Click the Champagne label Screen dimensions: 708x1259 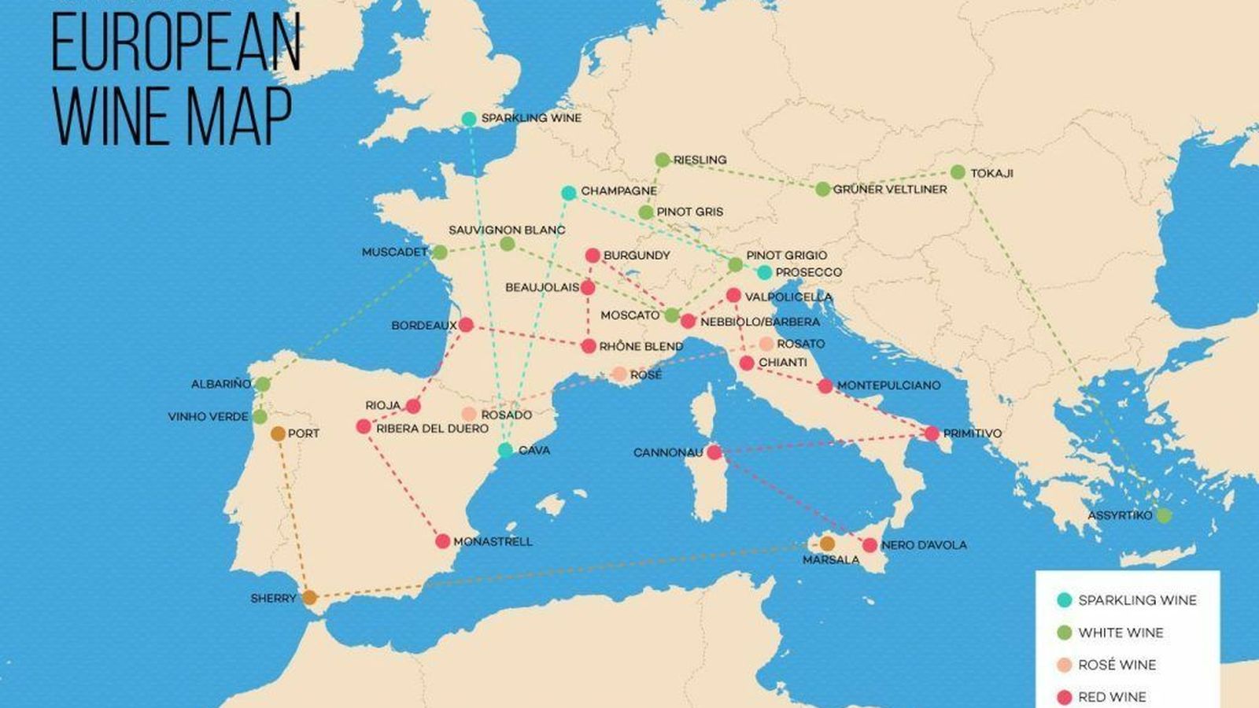coord(618,191)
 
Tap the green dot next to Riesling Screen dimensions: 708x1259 coord(663,160)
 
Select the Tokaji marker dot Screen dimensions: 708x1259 coord(958,172)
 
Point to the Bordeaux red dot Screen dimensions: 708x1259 coord(466,325)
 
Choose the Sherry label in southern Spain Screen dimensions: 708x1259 coord(273,599)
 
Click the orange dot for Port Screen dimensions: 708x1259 coord(278,433)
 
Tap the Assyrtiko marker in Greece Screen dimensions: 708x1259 coord(1164,515)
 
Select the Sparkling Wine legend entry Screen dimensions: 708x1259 coord(1137,600)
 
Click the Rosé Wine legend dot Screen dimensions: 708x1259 coord(1065,665)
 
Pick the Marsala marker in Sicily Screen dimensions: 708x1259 coord(827,544)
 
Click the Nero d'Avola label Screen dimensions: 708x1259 coord(924,545)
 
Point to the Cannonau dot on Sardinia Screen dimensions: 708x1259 coord(714,452)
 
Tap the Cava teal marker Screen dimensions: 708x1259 coord(505,450)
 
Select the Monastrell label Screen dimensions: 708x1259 coord(493,542)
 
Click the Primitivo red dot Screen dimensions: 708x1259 coord(932,433)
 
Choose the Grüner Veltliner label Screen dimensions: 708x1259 coord(890,190)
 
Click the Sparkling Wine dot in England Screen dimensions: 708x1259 coord(469,119)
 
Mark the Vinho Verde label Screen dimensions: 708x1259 coord(208,417)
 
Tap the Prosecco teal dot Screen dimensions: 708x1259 coord(764,272)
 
